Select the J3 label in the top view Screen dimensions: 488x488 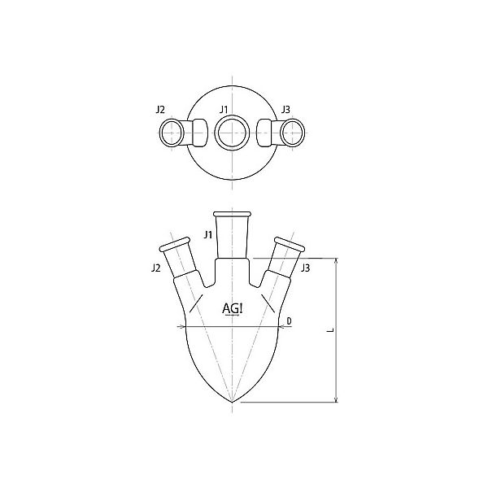285,108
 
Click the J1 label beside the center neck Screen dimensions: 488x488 208,236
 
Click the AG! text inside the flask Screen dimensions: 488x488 233,309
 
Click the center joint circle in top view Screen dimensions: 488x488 233,133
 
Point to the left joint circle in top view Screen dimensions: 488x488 172,133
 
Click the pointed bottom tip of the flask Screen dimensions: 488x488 233,402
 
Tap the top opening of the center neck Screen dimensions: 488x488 233,215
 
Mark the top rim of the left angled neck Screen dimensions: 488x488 175,242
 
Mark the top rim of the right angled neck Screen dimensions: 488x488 290,242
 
